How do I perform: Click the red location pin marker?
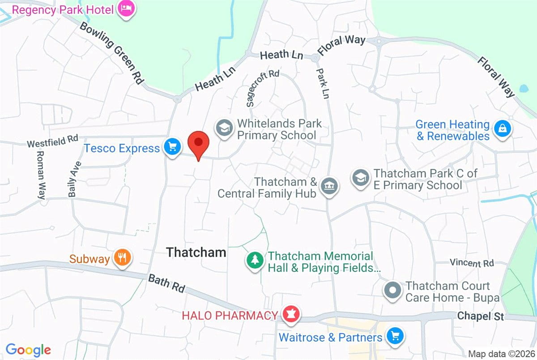click(x=198, y=144)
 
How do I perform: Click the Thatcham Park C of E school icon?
click(x=361, y=178)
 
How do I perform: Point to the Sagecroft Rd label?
click(x=263, y=88)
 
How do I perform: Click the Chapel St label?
click(x=481, y=316)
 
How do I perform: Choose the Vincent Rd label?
click(x=472, y=263)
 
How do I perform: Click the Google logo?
click(x=28, y=350)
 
